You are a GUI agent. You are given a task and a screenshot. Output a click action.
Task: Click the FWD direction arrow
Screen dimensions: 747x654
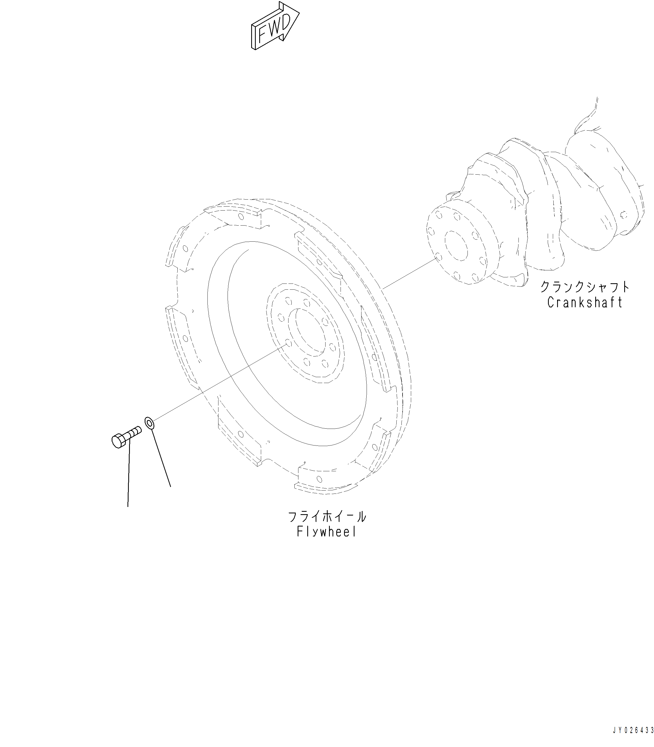275,26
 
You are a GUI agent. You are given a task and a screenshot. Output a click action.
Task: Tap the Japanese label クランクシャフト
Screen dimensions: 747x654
585,287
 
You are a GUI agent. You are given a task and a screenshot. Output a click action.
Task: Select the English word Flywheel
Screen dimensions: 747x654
326,532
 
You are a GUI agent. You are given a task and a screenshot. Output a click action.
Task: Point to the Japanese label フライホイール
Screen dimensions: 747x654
327,517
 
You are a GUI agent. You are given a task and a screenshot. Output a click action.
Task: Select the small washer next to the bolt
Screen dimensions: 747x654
149,423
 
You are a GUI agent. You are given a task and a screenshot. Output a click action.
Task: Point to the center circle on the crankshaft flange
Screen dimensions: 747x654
456,246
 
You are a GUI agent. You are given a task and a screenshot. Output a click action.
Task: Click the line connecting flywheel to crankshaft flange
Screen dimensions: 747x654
409,274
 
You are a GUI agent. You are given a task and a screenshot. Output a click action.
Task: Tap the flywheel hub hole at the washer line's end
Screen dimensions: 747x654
288,343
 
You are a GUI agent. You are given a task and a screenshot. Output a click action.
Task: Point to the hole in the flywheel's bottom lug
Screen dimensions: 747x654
319,479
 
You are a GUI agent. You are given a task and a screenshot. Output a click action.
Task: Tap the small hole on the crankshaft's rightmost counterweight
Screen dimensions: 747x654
624,215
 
